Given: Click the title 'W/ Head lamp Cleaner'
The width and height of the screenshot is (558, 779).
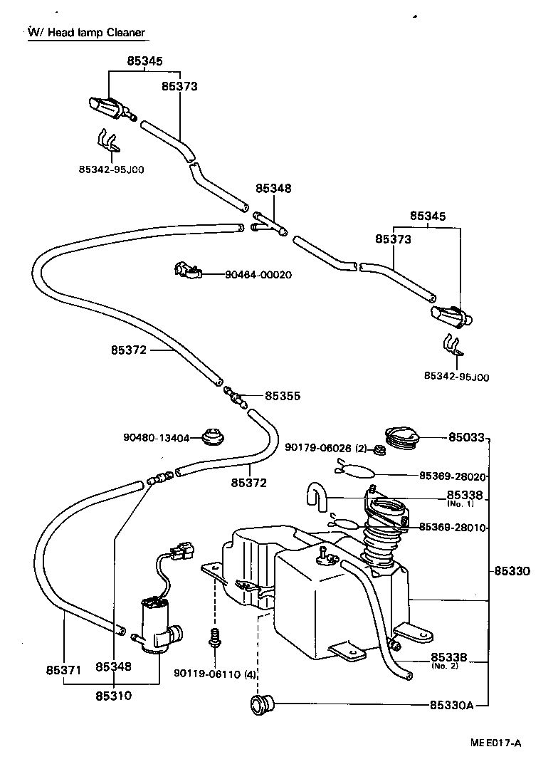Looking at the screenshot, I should (x=86, y=33).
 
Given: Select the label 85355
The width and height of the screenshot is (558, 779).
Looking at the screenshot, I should (x=283, y=395).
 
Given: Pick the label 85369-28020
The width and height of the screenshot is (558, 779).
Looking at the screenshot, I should (x=453, y=476).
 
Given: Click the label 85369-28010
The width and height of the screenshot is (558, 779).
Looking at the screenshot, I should (x=453, y=528).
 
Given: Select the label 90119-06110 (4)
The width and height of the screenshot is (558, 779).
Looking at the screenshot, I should (x=216, y=672).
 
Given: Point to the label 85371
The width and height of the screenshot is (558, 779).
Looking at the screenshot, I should (x=64, y=669).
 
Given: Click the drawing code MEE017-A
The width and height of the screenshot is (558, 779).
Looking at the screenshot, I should (x=495, y=743).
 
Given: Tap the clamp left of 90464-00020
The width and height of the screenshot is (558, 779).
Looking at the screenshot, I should (x=187, y=271).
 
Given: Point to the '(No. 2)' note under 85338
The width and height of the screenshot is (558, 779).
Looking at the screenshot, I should (x=445, y=666).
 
